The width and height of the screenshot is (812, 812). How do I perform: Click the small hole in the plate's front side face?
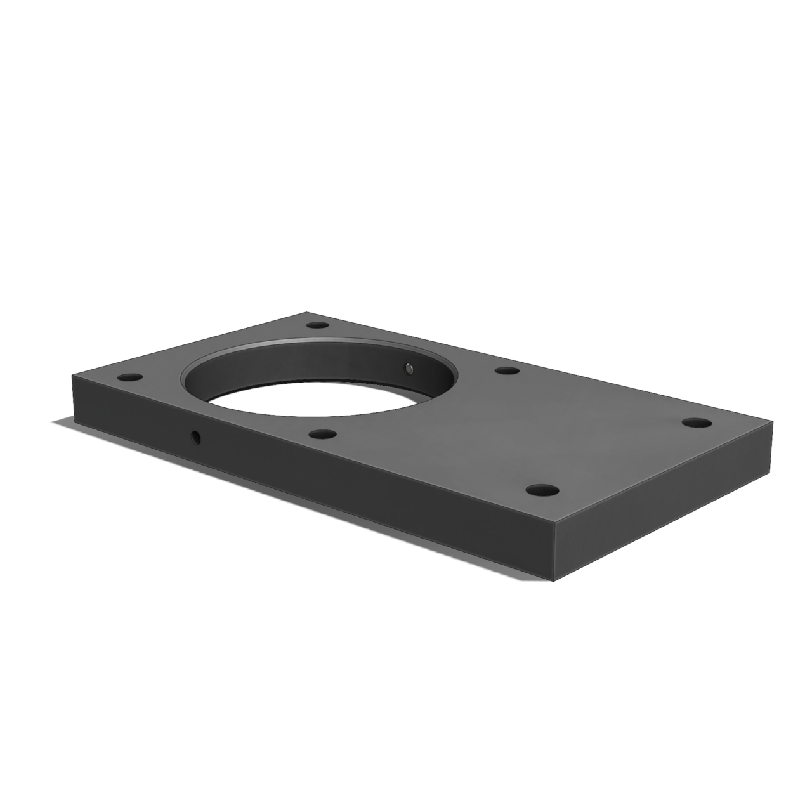[195, 436]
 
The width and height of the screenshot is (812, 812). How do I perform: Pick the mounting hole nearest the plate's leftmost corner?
[129, 377]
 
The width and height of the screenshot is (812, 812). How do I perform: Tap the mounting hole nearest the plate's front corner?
[542, 490]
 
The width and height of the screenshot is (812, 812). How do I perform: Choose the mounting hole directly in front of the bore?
[324, 435]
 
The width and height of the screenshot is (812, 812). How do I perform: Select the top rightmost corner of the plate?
[773, 421]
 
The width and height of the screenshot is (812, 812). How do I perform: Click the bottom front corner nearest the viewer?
[554, 580]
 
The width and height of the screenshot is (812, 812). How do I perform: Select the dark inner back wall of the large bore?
[317, 365]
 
